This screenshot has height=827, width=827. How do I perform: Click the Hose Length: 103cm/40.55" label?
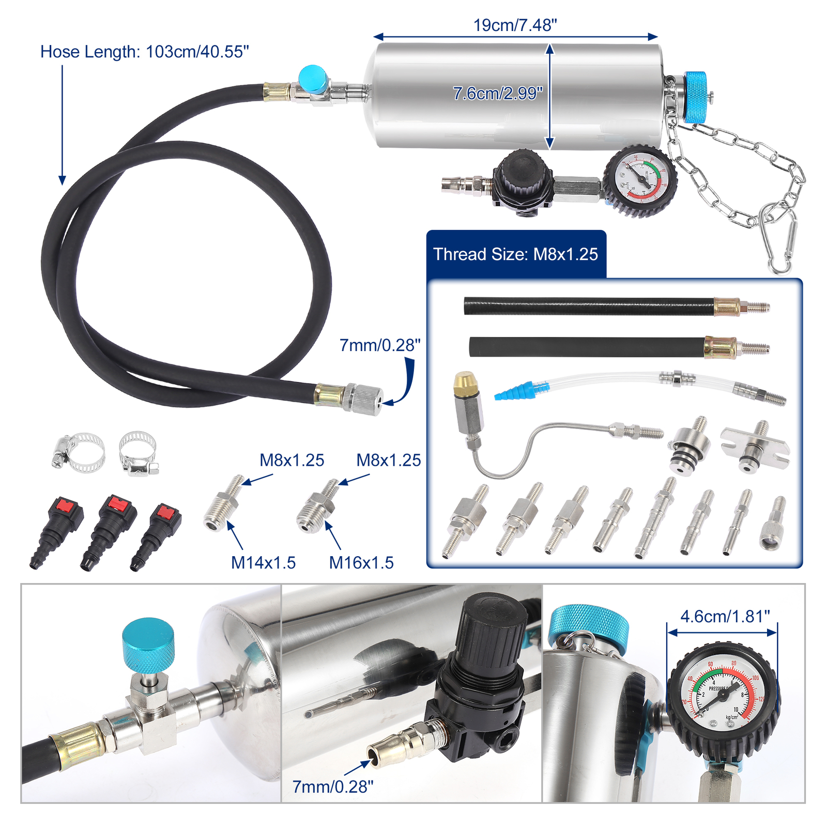pyautogui.click(x=145, y=52)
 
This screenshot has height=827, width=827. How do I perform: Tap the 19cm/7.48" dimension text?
pyautogui.click(x=515, y=25)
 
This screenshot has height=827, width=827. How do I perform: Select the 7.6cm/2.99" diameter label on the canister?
pyautogui.click(x=497, y=94)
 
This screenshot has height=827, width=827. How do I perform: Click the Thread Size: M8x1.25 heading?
pyautogui.click(x=515, y=254)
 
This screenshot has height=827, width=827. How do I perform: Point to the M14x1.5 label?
pyautogui.click(x=263, y=562)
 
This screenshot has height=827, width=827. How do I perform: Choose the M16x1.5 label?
pyautogui.click(x=361, y=562)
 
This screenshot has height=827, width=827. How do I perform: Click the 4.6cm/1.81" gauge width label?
pyautogui.click(x=725, y=617)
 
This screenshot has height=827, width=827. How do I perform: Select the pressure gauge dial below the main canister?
pyautogui.click(x=640, y=180)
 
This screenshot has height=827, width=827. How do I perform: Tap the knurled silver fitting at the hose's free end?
pyautogui.click(x=364, y=399)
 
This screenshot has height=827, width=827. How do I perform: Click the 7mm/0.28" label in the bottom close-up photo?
pyautogui.click(x=332, y=787)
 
